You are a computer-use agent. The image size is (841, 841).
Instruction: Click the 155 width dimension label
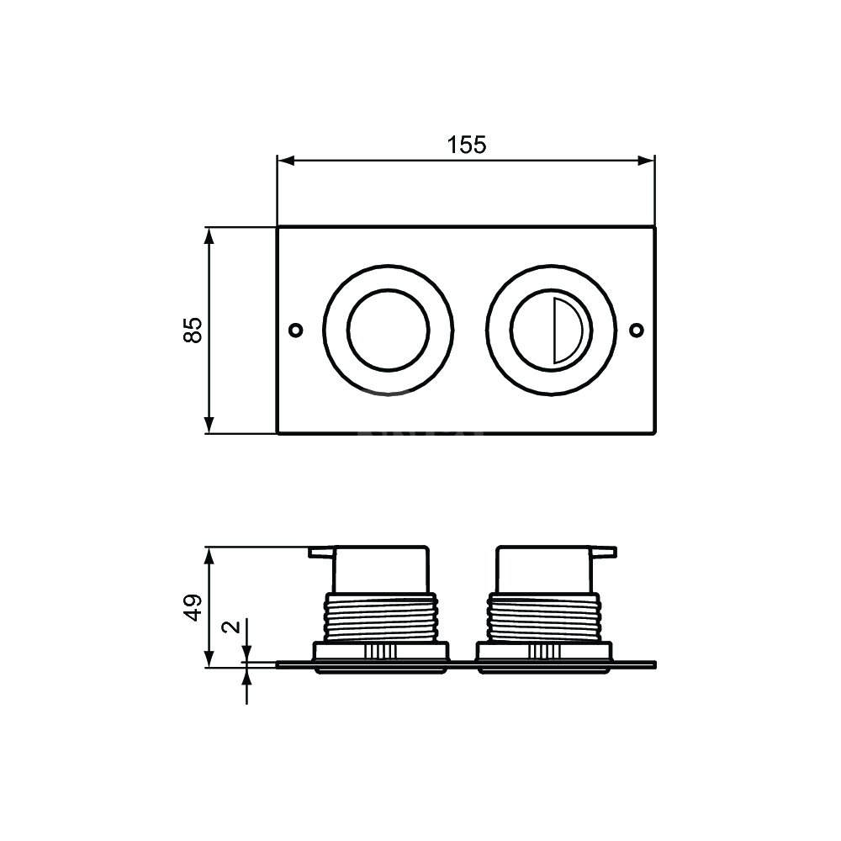(x=467, y=145)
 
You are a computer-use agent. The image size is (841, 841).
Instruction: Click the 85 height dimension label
(x=193, y=330)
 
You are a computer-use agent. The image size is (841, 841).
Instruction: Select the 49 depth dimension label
(x=193, y=608)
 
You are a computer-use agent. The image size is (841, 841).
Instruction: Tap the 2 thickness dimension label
(x=232, y=627)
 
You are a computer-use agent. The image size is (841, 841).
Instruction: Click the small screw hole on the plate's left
(x=295, y=330)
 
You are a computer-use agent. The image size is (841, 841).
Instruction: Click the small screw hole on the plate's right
(x=637, y=330)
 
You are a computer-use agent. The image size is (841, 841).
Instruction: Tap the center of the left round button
(x=389, y=330)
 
